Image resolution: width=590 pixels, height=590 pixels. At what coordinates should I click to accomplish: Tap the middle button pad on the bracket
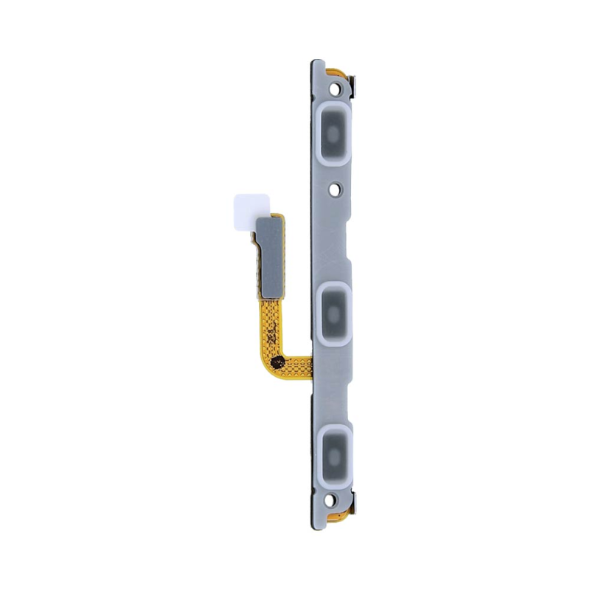[335, 313]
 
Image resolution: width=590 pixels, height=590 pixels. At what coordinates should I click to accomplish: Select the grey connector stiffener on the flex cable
[269, 255]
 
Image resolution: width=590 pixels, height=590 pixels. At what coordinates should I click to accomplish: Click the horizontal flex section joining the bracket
[295, 364]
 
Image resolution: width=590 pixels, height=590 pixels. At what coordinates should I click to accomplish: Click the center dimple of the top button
[333, 132]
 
